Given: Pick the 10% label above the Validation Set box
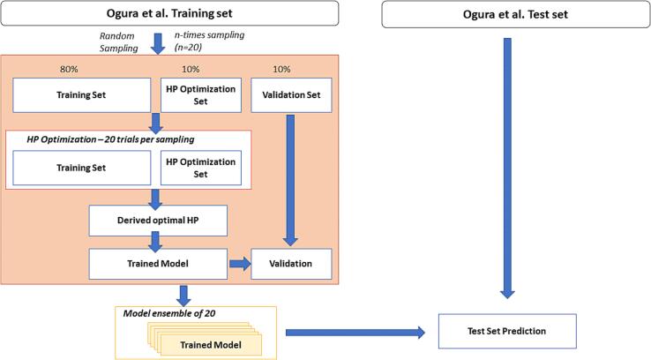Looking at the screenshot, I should tap(282, 68).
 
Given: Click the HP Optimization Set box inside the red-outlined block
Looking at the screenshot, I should tap(202, 168).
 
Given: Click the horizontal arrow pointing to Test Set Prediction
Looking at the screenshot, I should tap(353, 333).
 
